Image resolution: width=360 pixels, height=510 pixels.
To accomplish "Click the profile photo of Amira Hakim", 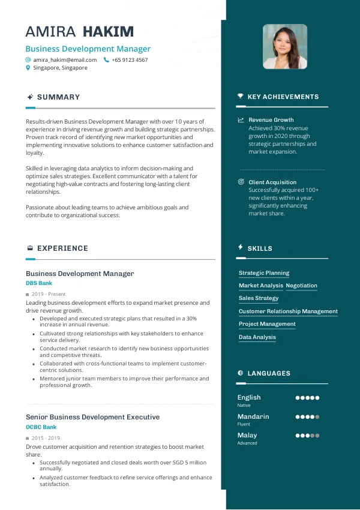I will click(x=285, y=47).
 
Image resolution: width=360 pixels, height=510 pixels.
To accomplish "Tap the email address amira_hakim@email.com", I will click(x=65, y=60).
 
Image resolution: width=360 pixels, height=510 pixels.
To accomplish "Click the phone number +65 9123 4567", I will click(x=130, y=60).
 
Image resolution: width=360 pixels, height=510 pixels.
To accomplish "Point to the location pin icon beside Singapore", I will click(x=28, y=68).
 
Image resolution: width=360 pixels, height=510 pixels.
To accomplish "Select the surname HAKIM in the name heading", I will click(x=108, y=32).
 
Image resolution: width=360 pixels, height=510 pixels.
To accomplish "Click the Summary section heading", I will click(x=58, y=97).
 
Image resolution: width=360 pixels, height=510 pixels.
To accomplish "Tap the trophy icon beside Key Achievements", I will click(x=241, y=97).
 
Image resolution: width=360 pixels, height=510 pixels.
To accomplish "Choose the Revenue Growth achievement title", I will click(x=271, y=120).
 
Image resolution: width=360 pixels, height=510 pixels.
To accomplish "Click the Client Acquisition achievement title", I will click(x=272, y=182).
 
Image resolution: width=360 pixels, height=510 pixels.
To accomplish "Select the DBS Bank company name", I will click(x=39, y=283).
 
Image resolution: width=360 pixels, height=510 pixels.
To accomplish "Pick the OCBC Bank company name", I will click(x=41, y=427).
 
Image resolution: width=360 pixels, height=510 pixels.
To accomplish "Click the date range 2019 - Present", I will click(x=49, y=295).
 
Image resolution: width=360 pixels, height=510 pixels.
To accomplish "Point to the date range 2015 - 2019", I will click(x=46, y=439).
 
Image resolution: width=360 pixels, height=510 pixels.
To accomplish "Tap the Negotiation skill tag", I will click(x=302, y=286).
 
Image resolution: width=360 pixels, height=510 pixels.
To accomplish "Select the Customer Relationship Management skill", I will click(x=288, y=311).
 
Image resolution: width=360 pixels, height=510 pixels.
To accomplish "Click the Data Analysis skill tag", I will click(x=257, y=337).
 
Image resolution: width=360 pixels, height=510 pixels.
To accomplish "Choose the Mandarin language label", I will click(x=253, y=416).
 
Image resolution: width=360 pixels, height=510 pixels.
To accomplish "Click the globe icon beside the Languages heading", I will click(x=241, y=373).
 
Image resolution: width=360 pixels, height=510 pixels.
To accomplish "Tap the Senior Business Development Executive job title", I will click(x=92, y=417).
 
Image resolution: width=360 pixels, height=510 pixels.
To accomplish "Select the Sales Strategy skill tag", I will click(x=259, y=298).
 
